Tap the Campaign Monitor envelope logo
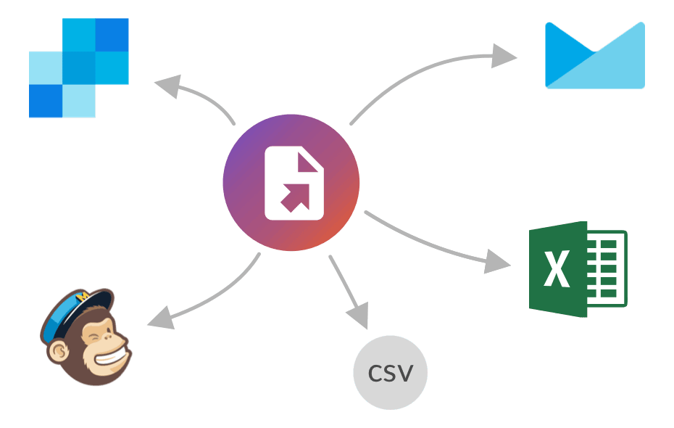tap(594, 57)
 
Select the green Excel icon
tap(577, 269)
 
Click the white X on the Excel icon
tap(557, 269)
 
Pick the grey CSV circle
tap(391, 374)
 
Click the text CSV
tap(391, 374)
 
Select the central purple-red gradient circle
tap(291, 183)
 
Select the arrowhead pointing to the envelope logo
tap(504, 56)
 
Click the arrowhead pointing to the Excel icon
tap(499, 262)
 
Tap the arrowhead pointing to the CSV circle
tap(357, 317)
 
